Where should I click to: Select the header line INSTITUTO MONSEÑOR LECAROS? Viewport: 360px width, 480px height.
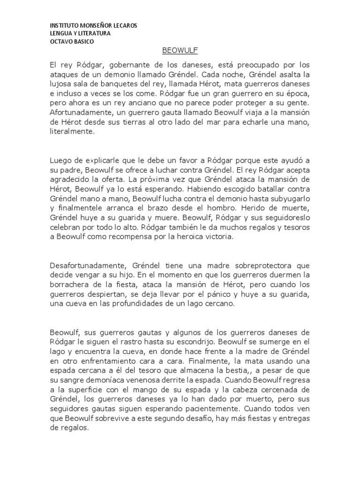pos(94,25)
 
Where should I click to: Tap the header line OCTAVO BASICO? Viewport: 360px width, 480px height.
pos(72,41)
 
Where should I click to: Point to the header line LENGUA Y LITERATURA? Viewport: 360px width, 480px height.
pos(80,33)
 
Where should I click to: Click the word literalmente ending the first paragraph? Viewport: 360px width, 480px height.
pos(72,133)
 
